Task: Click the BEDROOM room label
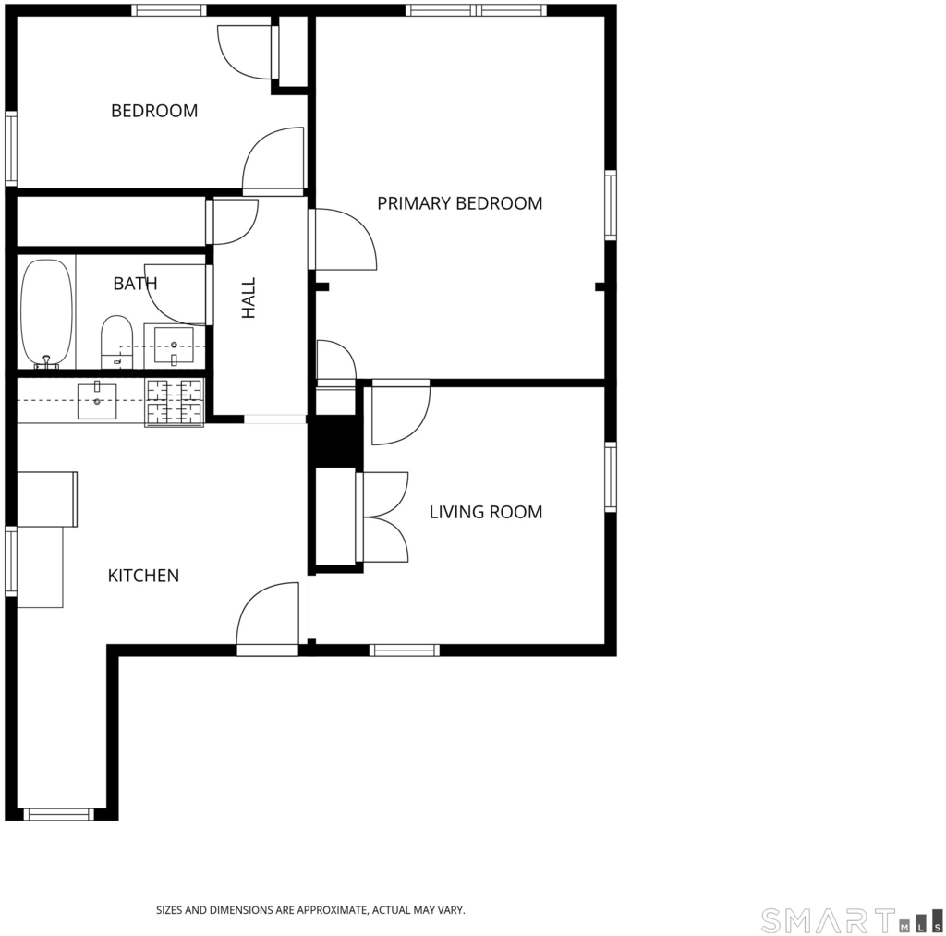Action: point(154,111)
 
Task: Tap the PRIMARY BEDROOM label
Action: point(460,203)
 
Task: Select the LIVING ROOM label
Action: point(486,512)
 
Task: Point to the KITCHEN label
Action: point(143,576)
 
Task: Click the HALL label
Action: point(249,298)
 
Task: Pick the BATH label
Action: point(135,283)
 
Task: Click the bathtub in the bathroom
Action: point(46,313)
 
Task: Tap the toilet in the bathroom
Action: point(116,342)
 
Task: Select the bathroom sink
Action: point(174,346)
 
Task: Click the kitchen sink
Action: point(97,401)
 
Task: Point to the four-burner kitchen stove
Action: point(174,403)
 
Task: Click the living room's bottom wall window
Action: point(405,650)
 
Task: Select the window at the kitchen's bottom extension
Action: point(59,815)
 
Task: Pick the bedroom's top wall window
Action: point(168,10)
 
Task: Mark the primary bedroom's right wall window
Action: point(611,205)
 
